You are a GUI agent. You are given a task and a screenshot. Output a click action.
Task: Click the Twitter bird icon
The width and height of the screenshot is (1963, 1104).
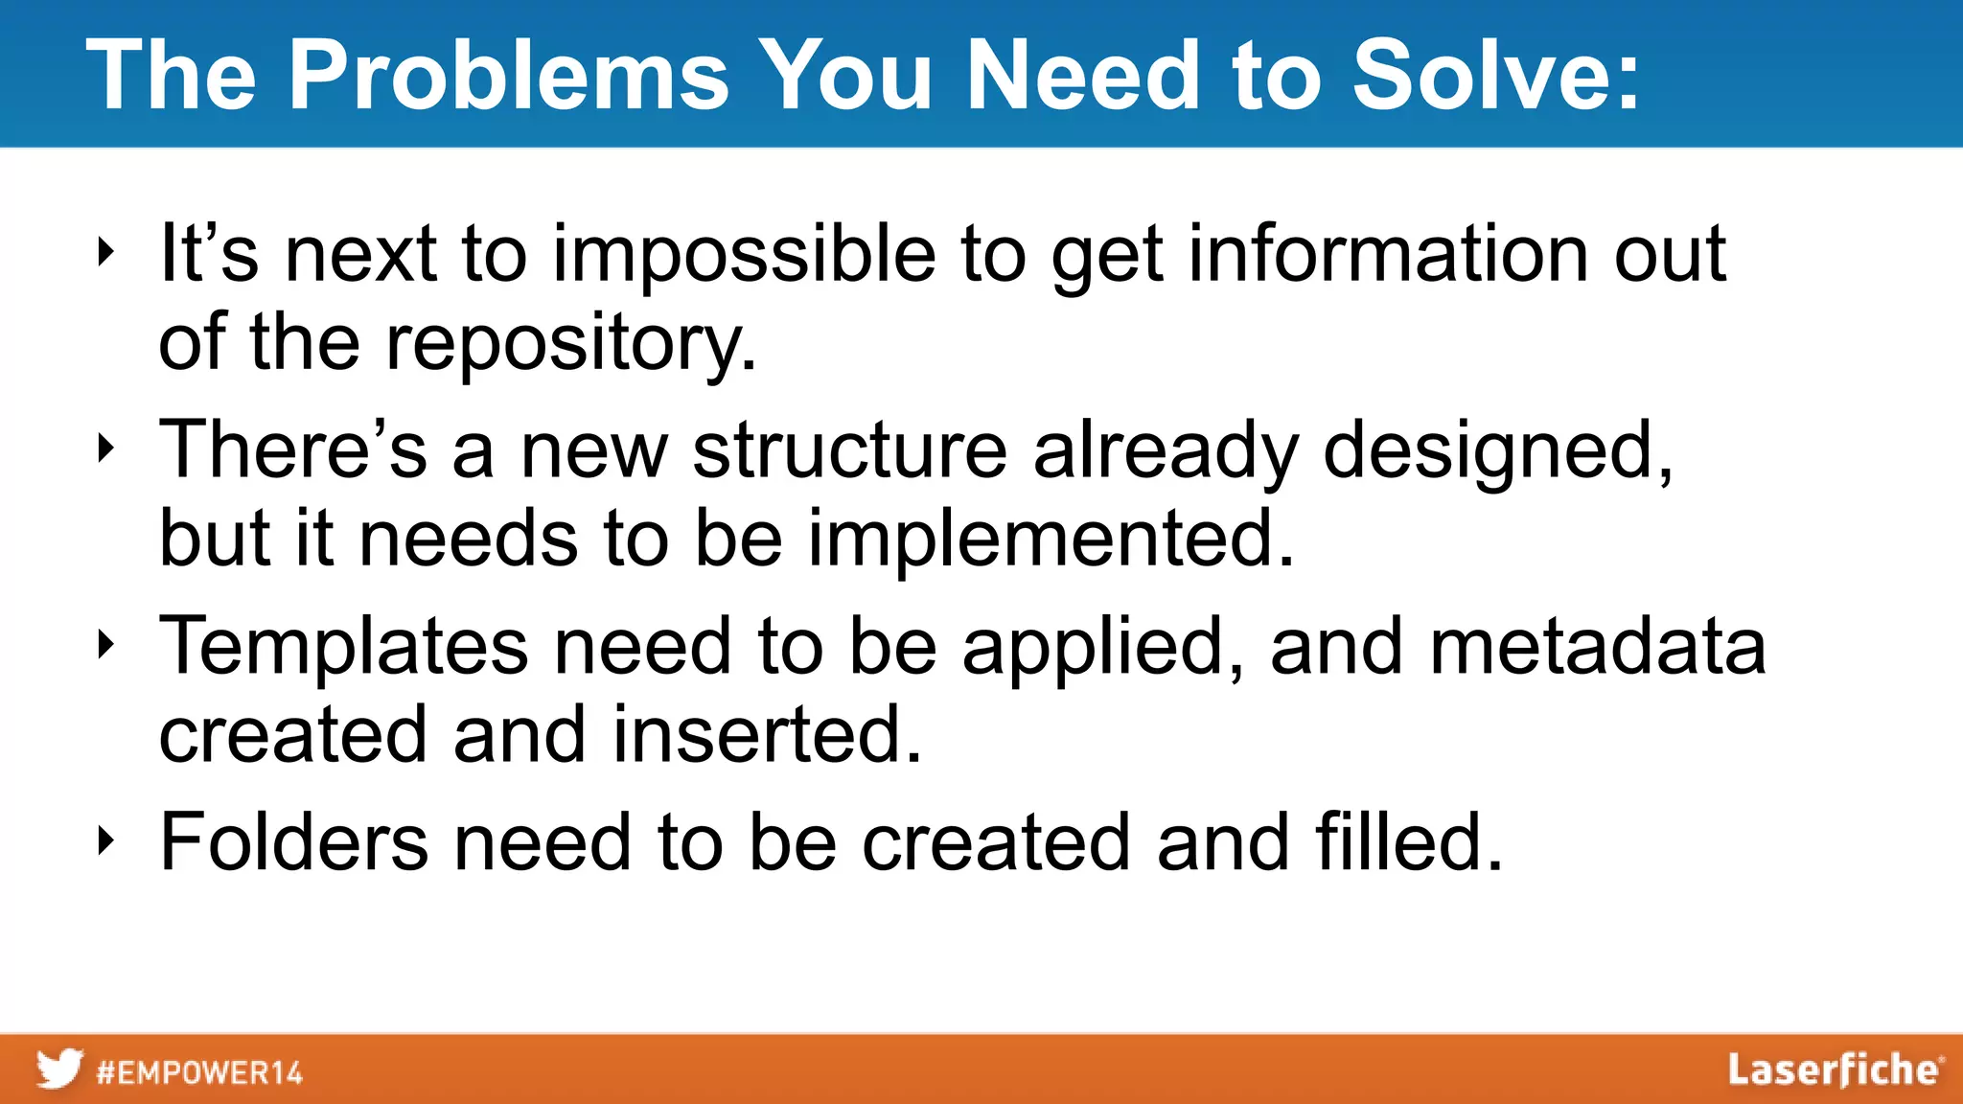59,1069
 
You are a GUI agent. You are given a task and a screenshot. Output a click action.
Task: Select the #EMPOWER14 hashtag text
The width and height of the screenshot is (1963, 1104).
199,1071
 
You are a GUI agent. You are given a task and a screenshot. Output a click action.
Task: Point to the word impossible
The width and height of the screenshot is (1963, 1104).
744,255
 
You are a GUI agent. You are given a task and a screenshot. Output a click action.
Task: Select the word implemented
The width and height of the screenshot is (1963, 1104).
1051,539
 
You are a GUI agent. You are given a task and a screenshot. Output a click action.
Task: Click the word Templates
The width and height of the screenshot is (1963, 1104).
343,648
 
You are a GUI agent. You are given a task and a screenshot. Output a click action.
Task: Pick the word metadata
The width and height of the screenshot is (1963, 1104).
1597,646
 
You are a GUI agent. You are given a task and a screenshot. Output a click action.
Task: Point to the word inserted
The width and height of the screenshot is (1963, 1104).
767,734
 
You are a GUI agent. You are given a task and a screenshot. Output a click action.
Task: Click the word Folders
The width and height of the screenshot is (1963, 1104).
293,841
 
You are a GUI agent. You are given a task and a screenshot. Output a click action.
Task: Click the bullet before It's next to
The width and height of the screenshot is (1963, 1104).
105,253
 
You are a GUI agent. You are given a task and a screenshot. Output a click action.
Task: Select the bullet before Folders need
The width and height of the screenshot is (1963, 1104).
105,841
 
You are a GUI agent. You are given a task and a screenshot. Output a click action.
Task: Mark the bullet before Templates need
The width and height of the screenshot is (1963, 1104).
105,645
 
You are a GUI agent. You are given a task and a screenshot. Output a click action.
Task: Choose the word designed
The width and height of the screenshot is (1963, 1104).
1497,452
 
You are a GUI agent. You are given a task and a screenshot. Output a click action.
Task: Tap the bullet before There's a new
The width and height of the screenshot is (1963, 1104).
105,448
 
